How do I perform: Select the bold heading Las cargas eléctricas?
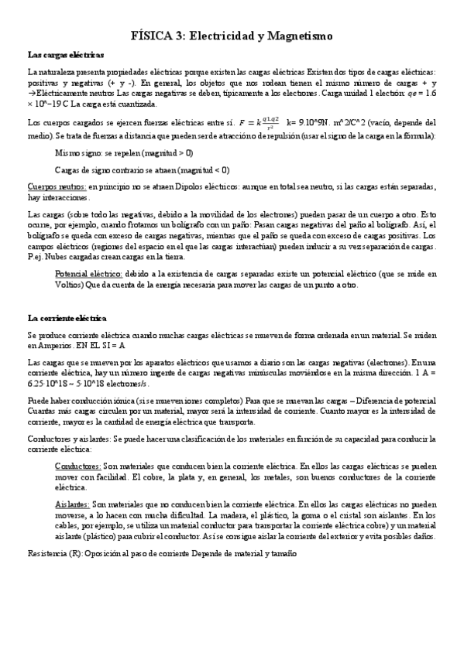click(x=66, y=56)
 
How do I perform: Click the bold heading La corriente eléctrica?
click(x=67, y=318)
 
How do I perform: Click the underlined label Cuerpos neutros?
click(x=56, y=187)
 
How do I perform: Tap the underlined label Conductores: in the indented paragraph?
click(x=79, y=467)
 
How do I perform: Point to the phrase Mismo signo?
click(x=79, y=153)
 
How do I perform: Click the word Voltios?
click(x=72, y=284)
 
